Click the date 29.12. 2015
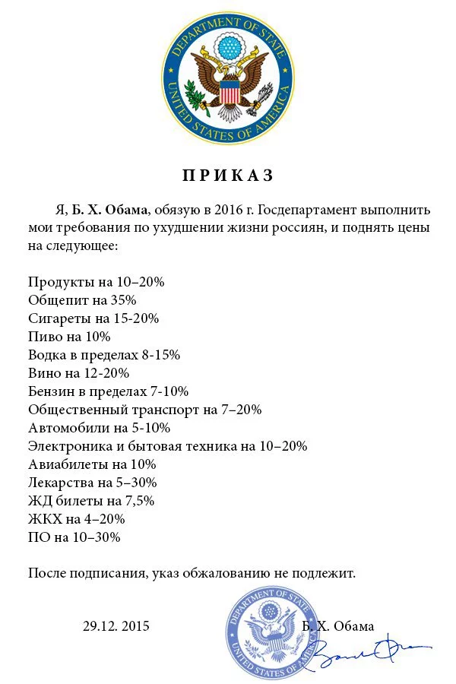(x=116, y=626)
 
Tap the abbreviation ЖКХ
(x=44, y=519)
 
